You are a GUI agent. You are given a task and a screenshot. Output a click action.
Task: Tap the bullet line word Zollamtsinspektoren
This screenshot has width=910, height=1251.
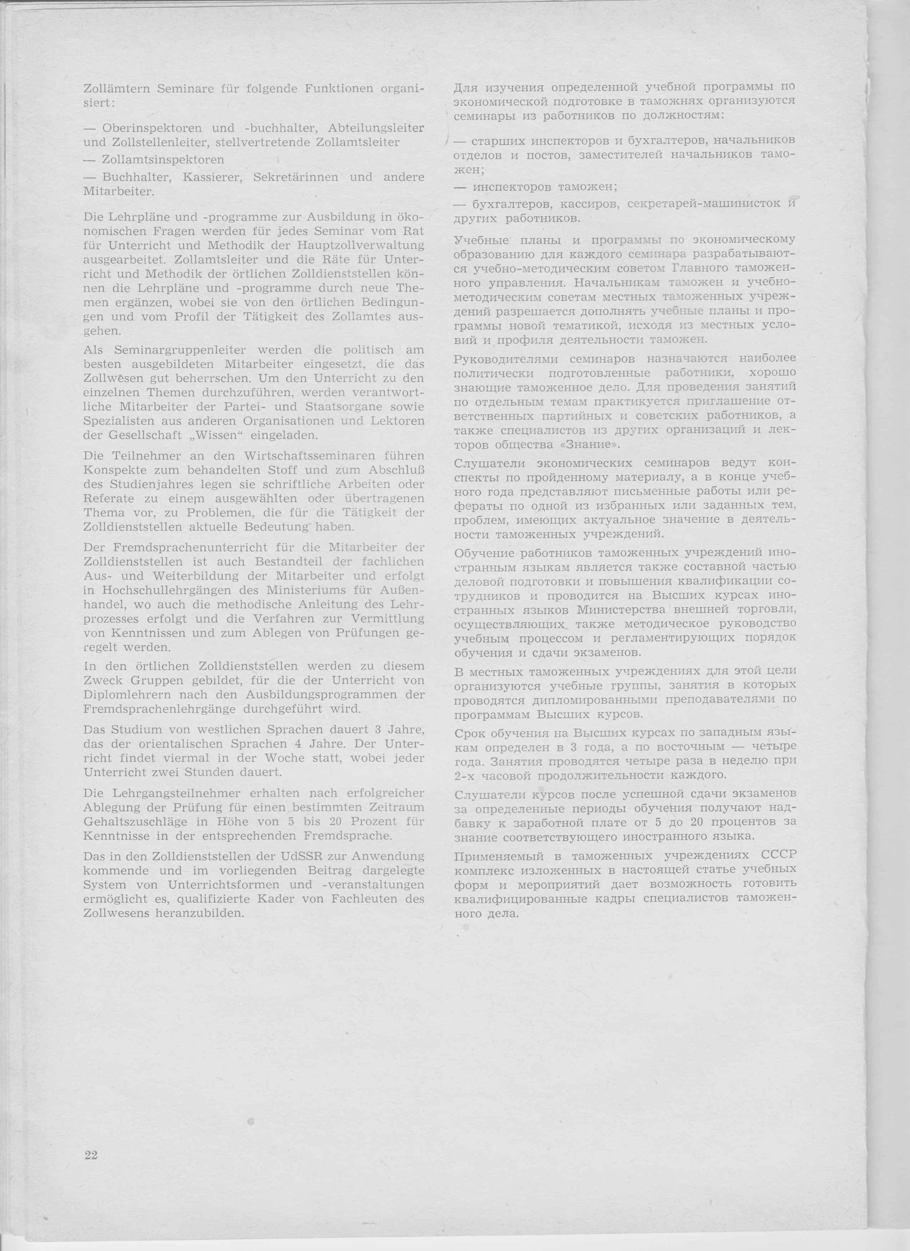(163, 160)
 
